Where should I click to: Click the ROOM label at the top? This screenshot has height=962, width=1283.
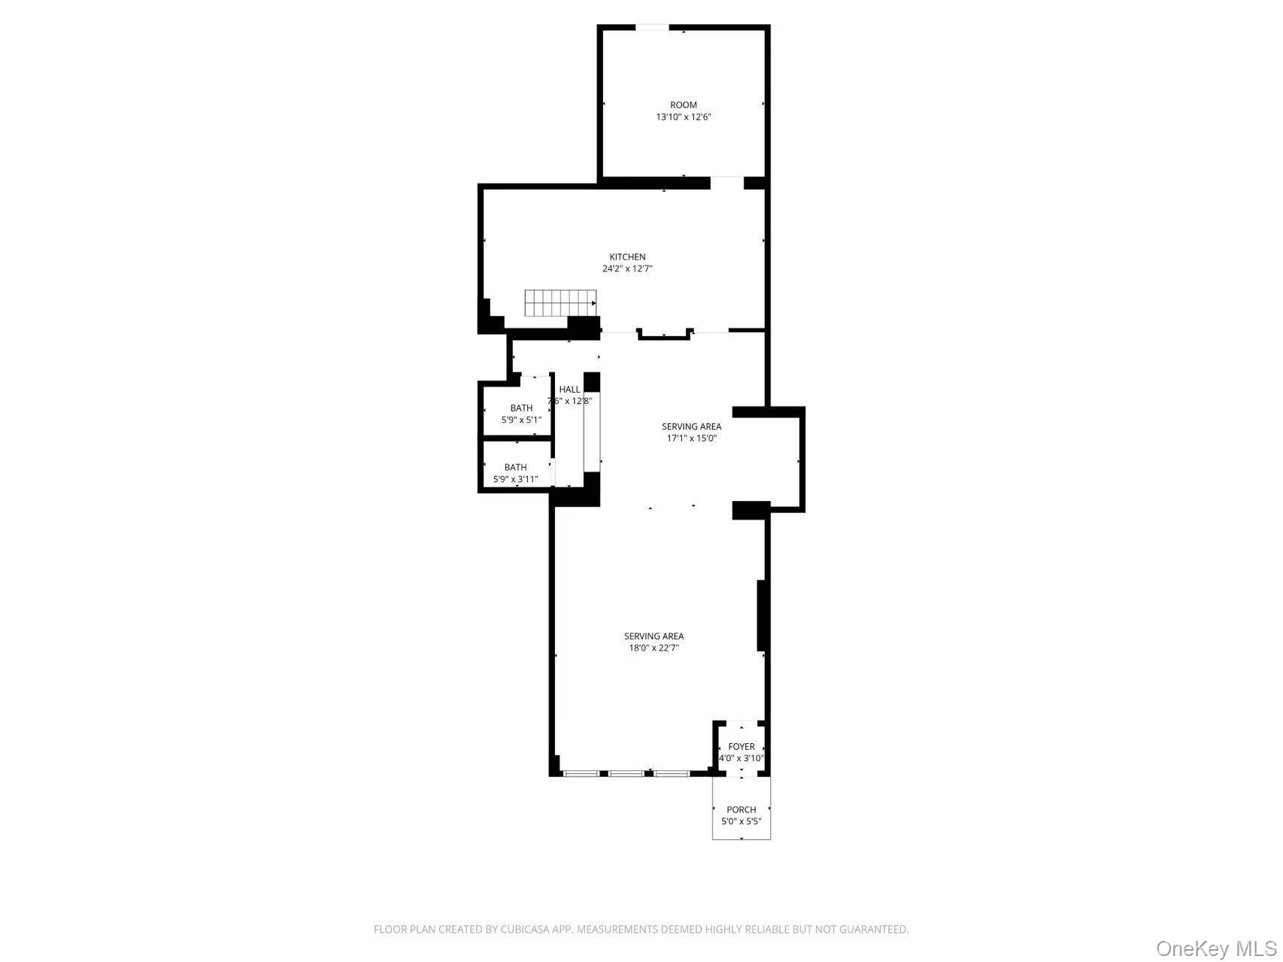(683, 105)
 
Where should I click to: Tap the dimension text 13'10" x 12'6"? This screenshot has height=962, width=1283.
(683, 117)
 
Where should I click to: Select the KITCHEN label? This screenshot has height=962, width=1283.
(627, 256)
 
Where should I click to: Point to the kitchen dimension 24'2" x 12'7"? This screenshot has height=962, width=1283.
(627, 269)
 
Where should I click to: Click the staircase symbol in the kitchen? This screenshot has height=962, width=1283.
(560, 303)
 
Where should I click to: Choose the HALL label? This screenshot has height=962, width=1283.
(569, 389)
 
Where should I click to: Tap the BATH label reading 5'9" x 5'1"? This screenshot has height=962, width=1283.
(521, 408)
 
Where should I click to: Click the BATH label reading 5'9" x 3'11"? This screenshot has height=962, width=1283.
(515, 467)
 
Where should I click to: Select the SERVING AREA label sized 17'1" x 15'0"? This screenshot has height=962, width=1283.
(691, 426)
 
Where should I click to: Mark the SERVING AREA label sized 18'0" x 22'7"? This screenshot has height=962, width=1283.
(654, 636)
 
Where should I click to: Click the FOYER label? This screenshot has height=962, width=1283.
(741, 746)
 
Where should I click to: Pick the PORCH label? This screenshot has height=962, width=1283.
(741, 809)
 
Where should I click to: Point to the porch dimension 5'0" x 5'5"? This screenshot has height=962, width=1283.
(741, 821)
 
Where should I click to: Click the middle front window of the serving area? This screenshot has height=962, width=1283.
(626, 773)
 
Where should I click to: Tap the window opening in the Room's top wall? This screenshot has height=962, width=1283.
(652, 28)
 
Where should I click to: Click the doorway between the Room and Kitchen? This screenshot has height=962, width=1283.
(726, 183)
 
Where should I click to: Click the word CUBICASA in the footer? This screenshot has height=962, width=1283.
(526, 930)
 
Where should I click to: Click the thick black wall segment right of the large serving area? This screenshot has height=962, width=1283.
(761, 615)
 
